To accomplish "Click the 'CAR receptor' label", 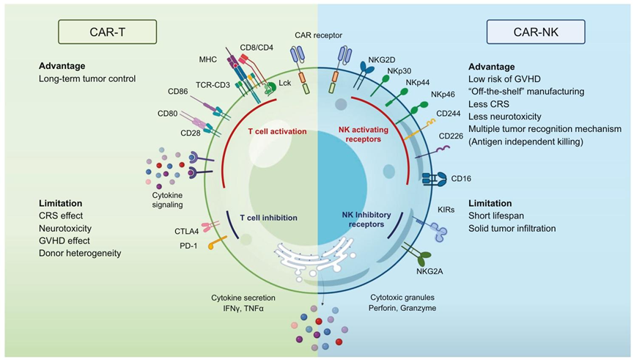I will pyautogui.click(x=318, y=34).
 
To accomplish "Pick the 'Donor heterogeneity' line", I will pyautogui.click(x=80, y=253).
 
